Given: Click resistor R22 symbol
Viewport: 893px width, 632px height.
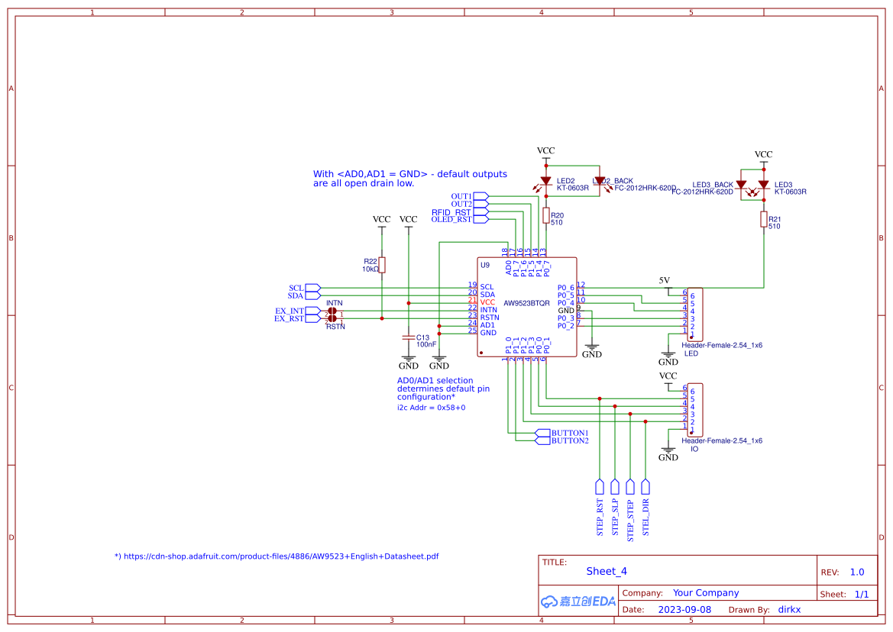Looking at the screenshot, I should (x=382, y=265).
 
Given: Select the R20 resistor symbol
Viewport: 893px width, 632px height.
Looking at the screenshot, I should (x=545, y=216).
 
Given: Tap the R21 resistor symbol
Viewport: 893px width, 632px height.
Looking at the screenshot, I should (x=763, y=220).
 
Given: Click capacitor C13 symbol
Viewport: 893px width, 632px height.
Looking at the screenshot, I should (x=409, y=337).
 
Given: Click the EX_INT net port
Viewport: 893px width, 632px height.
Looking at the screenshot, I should (x=312, y=311).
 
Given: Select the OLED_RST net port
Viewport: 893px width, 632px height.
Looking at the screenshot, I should (x=480, y=219).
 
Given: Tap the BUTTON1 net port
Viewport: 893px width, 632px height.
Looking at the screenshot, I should (x=543, y=433).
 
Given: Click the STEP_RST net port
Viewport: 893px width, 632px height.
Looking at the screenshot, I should (x=600, y=486).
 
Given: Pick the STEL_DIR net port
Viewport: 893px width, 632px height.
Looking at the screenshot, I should (x=645, y=486).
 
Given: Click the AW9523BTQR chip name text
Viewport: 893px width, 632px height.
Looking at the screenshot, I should (x=526, y=303).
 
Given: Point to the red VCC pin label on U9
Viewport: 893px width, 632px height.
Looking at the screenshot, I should (x=487, y=302).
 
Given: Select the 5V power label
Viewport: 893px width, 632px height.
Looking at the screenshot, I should (x=665, y=280).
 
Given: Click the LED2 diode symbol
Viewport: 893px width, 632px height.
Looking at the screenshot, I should (x=545, y=182).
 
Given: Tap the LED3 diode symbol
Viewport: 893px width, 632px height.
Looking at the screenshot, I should (x=763, y=185).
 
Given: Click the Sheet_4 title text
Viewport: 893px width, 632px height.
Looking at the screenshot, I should (x=607, y=571).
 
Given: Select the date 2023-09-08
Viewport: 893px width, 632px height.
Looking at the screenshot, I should (x=684, y=610).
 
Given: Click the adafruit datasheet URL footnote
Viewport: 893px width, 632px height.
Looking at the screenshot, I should (x=277, y=556).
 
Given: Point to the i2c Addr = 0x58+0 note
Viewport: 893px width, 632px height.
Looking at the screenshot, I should (x=431, y=408).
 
